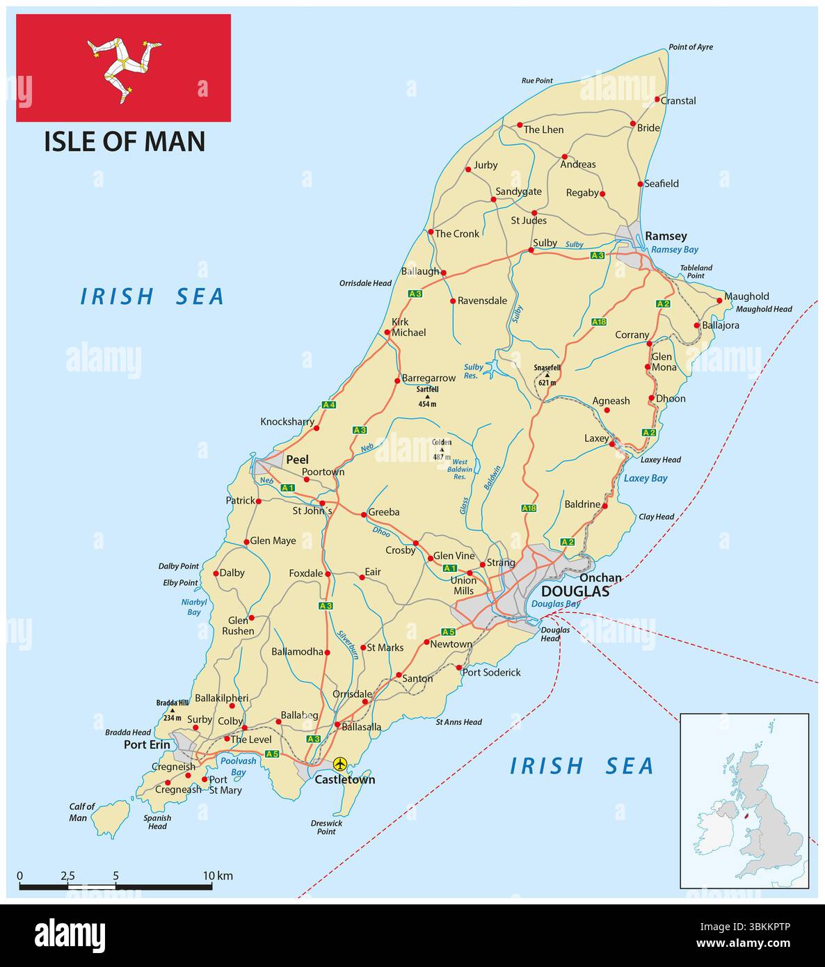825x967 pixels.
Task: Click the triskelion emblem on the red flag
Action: [124, 67]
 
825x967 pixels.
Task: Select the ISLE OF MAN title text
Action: [125, 141]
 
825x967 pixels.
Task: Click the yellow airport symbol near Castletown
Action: [339, 764]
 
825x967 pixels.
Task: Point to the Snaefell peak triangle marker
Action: [547, 375]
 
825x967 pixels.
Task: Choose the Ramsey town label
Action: [666, 236]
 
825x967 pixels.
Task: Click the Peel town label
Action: [297, 459]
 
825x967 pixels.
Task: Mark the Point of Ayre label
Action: [690, 47]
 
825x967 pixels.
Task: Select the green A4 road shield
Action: [329, 405]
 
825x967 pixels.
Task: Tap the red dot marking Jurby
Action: [467, 168]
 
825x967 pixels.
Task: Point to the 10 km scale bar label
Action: [218, 875]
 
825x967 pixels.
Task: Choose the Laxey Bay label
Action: [645, 478]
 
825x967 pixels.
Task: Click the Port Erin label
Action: [146, 744]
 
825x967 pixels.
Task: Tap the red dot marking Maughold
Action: [719, 301]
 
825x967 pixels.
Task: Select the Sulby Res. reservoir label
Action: [473, 371]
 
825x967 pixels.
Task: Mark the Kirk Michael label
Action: [408, 327]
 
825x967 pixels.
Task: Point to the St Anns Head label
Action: [458, 722]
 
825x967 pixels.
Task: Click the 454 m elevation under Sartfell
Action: [427, 403]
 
